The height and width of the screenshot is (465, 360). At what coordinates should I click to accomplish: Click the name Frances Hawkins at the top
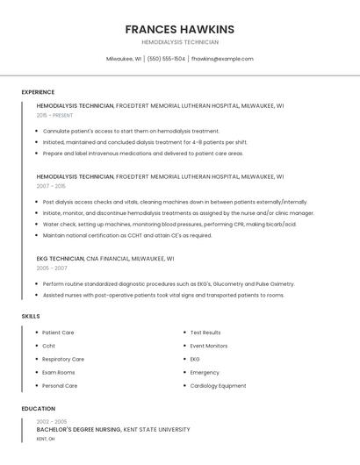179,29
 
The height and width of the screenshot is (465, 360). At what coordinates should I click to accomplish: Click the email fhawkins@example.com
222,59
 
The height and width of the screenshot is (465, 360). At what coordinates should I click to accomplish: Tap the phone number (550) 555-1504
166,59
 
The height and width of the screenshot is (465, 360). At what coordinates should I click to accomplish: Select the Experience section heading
38,92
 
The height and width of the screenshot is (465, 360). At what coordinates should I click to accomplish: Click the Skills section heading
31,316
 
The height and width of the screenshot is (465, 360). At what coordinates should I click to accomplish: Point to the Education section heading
39,409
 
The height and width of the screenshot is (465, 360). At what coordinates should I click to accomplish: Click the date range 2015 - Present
54,115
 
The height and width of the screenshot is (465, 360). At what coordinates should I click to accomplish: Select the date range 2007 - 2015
51,186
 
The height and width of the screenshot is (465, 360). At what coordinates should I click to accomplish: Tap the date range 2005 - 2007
52,268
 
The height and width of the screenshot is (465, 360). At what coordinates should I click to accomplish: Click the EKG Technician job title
60,259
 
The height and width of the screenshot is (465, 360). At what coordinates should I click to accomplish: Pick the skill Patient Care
58,333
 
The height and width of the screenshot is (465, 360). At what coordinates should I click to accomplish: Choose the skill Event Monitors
208,346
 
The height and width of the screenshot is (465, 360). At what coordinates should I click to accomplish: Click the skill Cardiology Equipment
218,386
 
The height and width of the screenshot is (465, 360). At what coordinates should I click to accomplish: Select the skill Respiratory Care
63,359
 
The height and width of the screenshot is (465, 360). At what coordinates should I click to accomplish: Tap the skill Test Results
205,333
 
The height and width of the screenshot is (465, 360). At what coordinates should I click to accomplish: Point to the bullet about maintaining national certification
127,235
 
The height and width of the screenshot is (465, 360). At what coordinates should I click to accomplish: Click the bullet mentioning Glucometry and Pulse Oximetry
169,284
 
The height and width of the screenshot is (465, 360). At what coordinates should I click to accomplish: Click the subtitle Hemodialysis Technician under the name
179,42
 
